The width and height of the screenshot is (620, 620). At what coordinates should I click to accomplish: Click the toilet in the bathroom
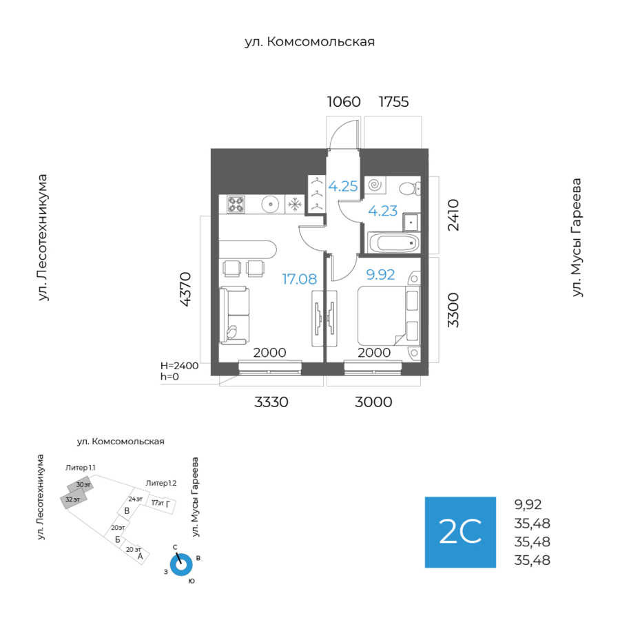[409, 187]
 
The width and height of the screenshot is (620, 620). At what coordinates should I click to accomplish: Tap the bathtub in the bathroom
[393, 242]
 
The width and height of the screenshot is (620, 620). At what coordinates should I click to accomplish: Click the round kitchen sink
[270, 204]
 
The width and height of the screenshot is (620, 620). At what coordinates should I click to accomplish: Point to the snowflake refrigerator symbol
[295, 204]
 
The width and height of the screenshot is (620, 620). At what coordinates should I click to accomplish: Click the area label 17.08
[299, 279]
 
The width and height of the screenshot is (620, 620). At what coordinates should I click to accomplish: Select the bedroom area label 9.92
[380, 275]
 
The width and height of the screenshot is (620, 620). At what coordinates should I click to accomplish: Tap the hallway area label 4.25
[342, 185]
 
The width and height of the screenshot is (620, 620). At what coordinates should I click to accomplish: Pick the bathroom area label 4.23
[382, 211]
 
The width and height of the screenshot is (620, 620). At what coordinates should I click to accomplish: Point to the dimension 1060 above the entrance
[343, 102]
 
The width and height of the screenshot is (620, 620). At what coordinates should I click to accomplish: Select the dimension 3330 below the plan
[271, 402]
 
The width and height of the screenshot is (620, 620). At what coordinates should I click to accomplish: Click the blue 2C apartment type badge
[460, 532]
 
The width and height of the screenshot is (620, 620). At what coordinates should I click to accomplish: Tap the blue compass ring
[180, 565]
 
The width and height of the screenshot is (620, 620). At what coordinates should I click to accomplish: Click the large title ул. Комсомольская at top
[309, 42]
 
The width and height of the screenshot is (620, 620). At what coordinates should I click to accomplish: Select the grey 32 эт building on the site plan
[74, 499]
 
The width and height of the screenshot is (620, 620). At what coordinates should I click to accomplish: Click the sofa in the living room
[235, 316]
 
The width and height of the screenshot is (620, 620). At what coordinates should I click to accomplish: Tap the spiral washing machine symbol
[376, 185]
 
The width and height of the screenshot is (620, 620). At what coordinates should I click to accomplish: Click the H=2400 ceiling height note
[179, 366]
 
